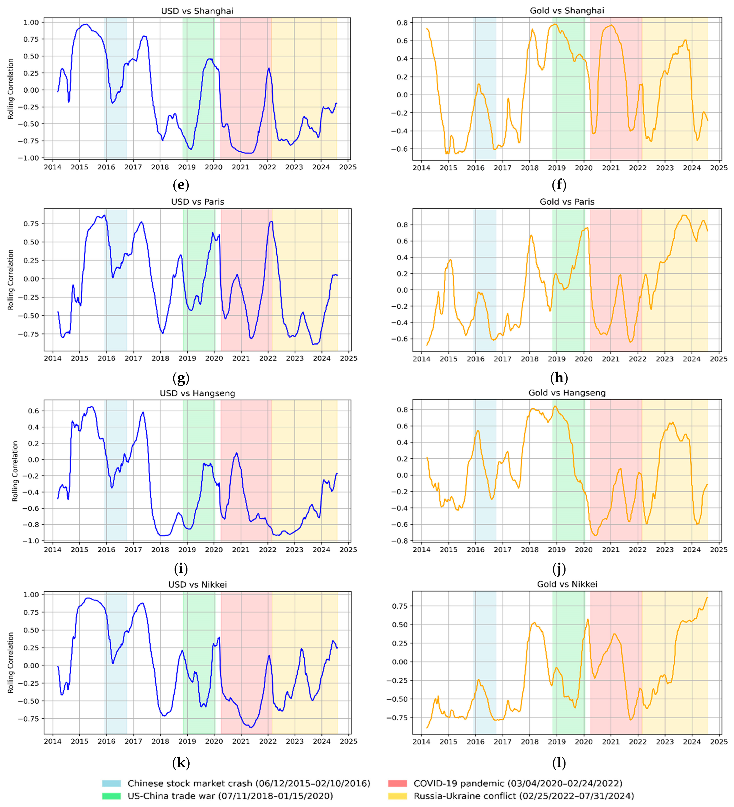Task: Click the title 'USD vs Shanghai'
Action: pyautogui.click(x=197, y=11)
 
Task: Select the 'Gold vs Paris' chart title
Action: pyautogui.click(x=567, y=202)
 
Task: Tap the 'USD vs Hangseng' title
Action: pyautogui.click(x=197, y=393)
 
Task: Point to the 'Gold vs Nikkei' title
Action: pyautogui.click(x=567, y=584)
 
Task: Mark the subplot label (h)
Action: pyautogui.click(x=559, y=377)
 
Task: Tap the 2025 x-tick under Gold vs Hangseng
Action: pyautogui.click(x=719, y=550)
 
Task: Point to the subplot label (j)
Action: pyautogui.click(x=559, y=568)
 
